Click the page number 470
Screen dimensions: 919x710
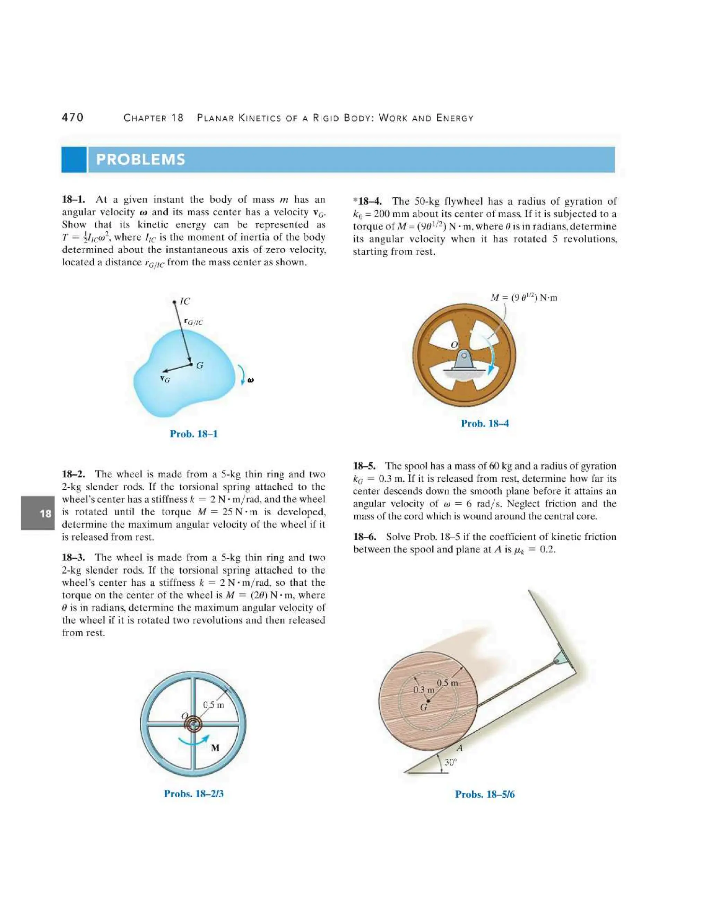73,118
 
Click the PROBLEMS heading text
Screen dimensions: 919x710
140,160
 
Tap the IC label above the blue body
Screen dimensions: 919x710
185,301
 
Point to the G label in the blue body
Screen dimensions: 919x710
200,366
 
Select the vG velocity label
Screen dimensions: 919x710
165,379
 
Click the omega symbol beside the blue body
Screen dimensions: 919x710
251,380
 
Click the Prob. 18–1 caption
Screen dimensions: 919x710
193,434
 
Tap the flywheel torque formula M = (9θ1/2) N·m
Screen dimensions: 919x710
524,298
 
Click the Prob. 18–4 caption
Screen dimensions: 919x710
485,423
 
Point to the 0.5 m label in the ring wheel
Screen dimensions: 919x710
213,705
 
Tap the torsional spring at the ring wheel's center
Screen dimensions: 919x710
193,724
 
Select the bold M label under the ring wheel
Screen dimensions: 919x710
215,748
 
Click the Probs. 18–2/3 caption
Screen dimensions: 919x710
193,793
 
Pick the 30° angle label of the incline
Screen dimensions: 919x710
450,762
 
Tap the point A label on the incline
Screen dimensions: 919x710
459,748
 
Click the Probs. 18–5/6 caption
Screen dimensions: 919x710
485,795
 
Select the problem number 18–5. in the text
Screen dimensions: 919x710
364,466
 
